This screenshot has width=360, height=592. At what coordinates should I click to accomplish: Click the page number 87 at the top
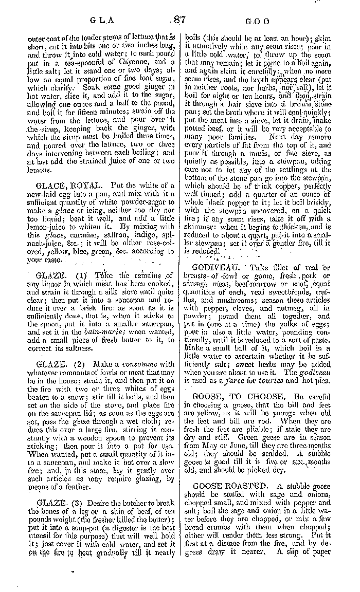point(179,20)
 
